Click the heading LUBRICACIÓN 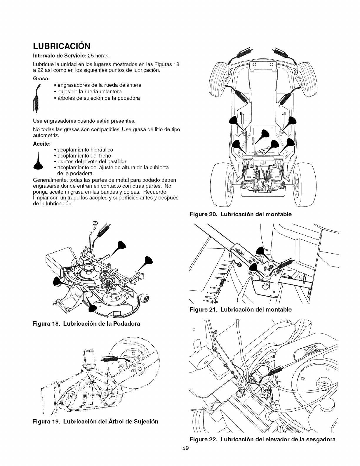coord(61,46)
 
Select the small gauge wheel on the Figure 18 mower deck coord(145,299)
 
